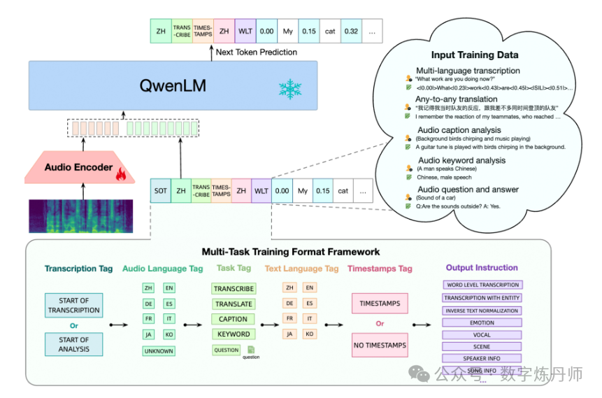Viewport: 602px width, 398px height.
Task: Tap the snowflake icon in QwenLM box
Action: [287, 89]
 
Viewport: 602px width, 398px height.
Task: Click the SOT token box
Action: [161, 191]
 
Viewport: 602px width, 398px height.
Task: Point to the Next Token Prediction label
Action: [257, 52]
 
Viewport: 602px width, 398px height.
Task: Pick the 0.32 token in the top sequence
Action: [351, 31]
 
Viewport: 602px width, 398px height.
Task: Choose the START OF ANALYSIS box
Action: [73, 344]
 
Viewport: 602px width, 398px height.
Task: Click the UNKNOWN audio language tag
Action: [159, 351]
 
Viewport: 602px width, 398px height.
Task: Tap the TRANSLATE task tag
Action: [234, 304]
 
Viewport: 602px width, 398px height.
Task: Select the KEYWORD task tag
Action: [234, 334]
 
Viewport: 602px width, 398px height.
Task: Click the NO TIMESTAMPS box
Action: [380, 345]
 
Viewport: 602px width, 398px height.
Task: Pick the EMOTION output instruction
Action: [482, 323]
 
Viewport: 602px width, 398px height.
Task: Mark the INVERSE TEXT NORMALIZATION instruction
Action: [482, 311]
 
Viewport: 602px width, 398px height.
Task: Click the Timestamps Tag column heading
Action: [380, 269]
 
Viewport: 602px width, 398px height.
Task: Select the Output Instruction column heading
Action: [482, 268]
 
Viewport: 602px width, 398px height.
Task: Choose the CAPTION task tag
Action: [234, 319]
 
